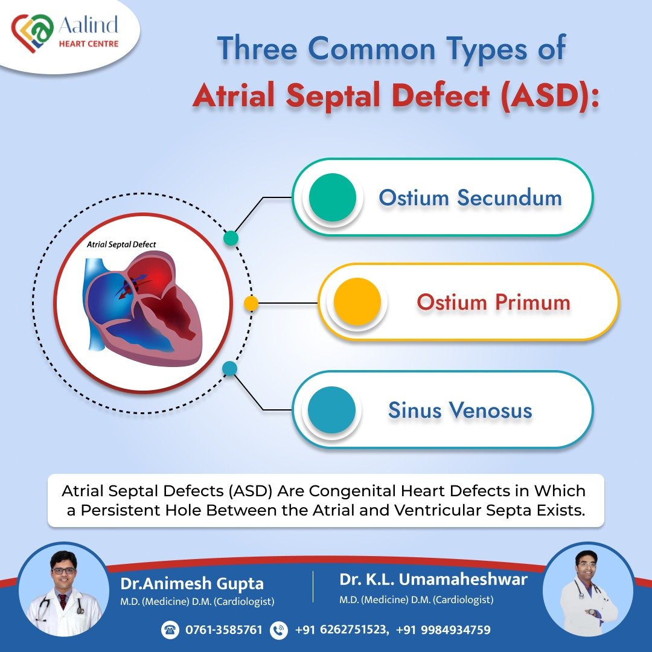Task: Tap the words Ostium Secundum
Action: (470, 197)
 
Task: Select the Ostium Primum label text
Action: (493, 302)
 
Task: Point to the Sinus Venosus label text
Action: (459, 411)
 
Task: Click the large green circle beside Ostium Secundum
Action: (332, 197)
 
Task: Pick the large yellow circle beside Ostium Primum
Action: (357, 302)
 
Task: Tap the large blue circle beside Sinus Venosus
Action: (331, 410)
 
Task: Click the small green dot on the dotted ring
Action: (231, 238)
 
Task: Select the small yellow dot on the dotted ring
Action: (251, 303)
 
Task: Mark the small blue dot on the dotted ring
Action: (229, 368)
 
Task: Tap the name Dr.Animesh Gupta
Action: (191, 584)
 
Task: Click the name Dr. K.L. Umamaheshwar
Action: (433, 580)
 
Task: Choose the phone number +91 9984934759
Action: (443, 630)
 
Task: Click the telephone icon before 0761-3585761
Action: (170, 630)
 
